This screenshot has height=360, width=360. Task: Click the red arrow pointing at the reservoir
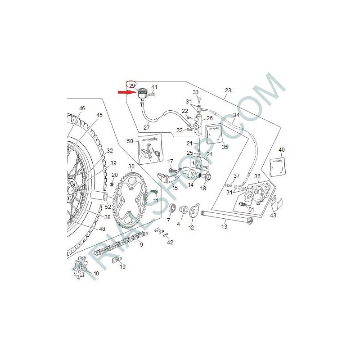(x=127, y=92)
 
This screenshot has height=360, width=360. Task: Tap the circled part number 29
(x=132, y=85)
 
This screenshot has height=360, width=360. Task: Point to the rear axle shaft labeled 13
(x=227, y=217)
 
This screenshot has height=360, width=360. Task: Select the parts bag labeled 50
(x=149, y=150)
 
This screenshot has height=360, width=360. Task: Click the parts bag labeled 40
(x=277, y=166)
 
